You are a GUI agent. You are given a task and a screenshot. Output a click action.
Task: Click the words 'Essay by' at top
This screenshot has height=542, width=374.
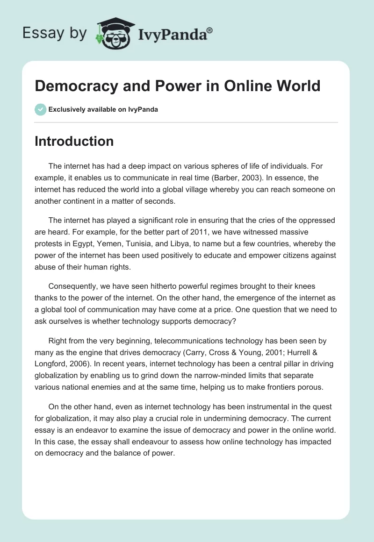pos(54,34)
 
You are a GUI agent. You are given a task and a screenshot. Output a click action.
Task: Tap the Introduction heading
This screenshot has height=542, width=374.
pos(74,141)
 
